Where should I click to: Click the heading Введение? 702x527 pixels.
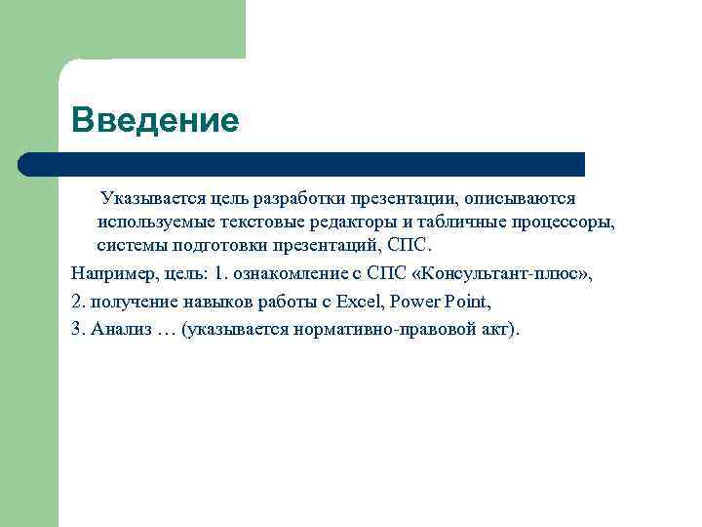[155, 121]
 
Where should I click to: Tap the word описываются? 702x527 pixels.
[520, 199]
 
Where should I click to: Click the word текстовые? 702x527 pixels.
[256, 223]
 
